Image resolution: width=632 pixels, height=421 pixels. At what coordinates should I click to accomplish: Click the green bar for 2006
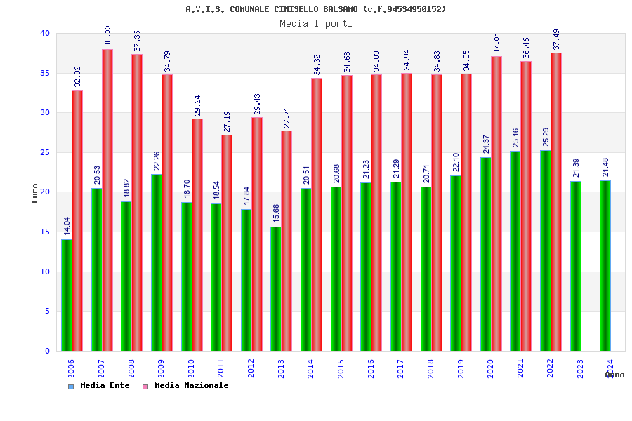(x=66, y=295)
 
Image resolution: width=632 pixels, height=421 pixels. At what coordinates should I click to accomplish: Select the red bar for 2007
(x=107, y=200)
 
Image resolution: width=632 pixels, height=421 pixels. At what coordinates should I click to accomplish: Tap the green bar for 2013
(x=275, y=288)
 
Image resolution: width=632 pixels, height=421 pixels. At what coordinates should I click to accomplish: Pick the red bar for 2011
(x=227, y=243)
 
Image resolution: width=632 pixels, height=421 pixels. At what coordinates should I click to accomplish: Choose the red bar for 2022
(x=556, y=201)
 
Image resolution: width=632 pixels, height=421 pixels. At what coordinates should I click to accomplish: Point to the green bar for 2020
(x=485, y=254)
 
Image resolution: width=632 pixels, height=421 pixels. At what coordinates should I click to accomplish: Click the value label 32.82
(x=78, y=77)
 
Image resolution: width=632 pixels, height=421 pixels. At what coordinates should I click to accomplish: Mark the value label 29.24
(x=197, y=106)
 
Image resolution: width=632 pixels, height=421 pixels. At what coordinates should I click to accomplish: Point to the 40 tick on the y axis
(x=45, y=33)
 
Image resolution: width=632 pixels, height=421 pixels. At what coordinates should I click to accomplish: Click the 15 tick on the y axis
(x=45, y=232)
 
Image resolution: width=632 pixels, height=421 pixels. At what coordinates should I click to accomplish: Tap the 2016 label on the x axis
(x=371, y=369)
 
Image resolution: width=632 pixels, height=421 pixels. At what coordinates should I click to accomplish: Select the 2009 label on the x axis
(x=161, y=369)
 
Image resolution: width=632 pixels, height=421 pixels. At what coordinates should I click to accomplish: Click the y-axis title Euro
(x=34, y=193)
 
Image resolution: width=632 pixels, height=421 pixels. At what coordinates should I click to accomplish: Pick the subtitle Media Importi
(x=316, y=23)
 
